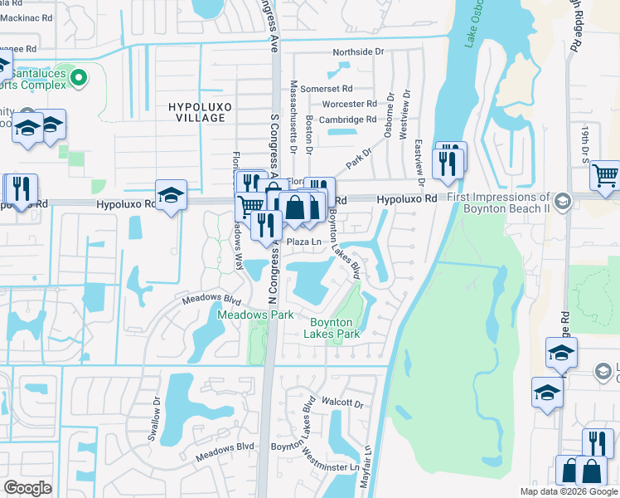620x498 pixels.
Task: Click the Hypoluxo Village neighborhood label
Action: coord(196,112)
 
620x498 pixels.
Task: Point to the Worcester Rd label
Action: coord(349,104)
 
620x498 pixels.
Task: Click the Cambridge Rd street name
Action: coord(348,120)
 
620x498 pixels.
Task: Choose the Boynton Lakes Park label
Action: coord(335,328)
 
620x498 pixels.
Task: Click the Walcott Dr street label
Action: coord(343,403)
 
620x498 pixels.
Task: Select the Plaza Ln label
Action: coord(303,242)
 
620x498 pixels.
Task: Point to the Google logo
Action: coord(27,488)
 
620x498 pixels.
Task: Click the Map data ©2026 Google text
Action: coord(568,491)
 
